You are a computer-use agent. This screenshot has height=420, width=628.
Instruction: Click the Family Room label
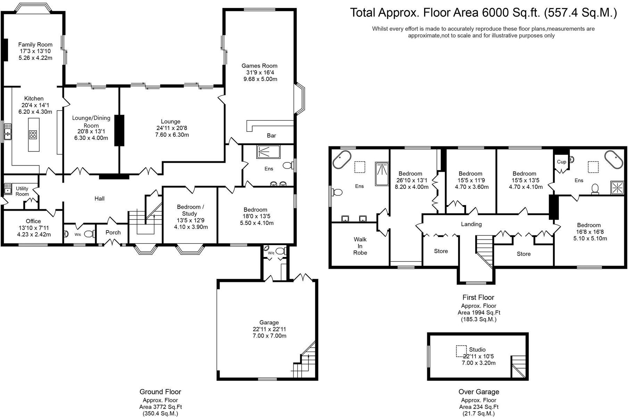pyautogui.click(x=35, y=45)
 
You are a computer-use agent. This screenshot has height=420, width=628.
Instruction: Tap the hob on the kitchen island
pyautogui.click(x=33, y=135)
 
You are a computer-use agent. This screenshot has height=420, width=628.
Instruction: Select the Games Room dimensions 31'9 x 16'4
pyautogui.click(x=259, y=73)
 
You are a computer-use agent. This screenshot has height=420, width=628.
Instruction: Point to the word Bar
pyautogui.click(x=271, y=136)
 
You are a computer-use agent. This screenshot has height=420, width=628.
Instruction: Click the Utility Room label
pyautogui.click(x=22, y=191)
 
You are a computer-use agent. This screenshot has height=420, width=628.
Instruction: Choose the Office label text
pyautogui.click(x=33, y=221)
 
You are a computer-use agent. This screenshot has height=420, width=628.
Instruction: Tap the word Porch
pyautogui.click(x=113, y=233)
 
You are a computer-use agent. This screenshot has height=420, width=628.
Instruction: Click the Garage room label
pyautogui.click(x=269, y=323)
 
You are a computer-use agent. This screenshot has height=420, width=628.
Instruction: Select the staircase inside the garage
pyautogui.click(x=305, y=363)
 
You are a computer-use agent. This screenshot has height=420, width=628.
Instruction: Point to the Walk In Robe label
pyautogui.click(x=360, y=246)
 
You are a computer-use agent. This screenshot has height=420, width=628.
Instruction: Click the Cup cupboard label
pyautogui.click(x=561, y=162)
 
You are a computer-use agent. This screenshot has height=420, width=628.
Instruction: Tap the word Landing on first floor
pyautogui.click(x=471, y=224)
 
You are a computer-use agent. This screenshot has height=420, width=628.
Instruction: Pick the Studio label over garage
pyautogui.click(x=477, y=349)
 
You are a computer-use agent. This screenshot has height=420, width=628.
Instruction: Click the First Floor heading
pyautogui.click(x=478, y=297)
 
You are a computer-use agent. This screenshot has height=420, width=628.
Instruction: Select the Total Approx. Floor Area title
pyautogui.click(x=483, y=13)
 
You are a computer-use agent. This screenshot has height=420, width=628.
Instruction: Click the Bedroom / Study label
pyautogui.click(x=191, y=210)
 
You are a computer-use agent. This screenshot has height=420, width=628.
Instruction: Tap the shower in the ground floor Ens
pyautogui.click(x=268, y=152)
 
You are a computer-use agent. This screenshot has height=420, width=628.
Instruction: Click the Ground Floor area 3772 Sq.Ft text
pyautogui.click(x=160, y=407)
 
